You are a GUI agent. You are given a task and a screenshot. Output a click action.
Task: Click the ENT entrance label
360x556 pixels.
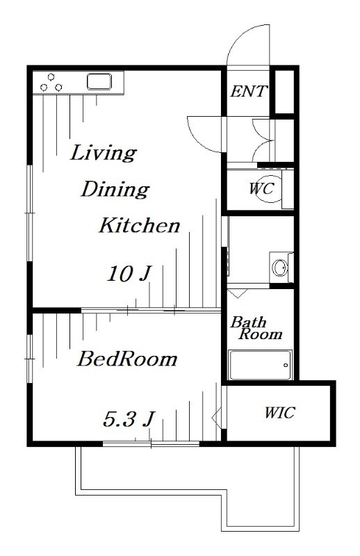[248, 92]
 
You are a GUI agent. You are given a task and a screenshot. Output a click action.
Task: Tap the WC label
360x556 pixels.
[261, 188]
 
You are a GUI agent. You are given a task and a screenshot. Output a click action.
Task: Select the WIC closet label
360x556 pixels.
[279, 412]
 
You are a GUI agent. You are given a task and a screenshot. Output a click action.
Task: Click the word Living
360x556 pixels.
[104, 153]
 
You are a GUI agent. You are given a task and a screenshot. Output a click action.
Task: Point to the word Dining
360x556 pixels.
[115, 189]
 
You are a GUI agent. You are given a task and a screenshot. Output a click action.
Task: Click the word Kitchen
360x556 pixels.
[140, 225]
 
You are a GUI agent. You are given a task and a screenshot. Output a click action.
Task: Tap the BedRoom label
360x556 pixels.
[127, 359]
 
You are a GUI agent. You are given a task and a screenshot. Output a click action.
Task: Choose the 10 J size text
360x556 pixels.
[129, 274]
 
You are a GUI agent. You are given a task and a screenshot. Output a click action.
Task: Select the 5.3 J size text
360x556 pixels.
[129, 418]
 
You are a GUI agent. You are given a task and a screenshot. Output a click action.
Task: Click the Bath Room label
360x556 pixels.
[256, 328]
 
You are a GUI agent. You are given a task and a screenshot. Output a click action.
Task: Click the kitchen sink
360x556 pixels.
[99, 81]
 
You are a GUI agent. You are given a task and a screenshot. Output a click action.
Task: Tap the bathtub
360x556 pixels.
[261, 365]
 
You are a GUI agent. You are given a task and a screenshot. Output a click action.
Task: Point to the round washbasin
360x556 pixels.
[280, 267]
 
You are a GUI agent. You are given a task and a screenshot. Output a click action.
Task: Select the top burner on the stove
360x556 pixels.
[51, 76]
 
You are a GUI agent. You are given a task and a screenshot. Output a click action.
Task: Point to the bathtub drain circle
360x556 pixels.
[286, 366]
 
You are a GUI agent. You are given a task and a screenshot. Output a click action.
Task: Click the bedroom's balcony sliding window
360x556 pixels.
[151, 443]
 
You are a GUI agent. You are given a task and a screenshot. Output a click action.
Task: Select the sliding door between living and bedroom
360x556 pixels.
[151, 311]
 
